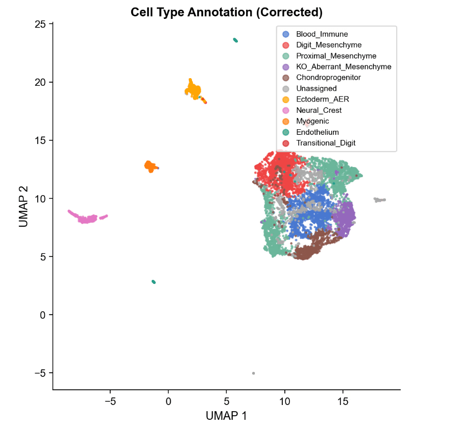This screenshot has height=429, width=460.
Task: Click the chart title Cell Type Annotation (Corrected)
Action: [x=226, y=12]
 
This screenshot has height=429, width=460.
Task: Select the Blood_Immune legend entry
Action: [x=322, y=34]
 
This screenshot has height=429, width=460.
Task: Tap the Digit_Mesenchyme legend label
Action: [x=329, y=45]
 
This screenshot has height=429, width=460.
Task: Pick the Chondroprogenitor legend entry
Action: [x=328, y=78]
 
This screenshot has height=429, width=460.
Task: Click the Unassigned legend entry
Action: [x=317, y=88]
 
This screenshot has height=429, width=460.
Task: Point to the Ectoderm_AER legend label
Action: [x=322, y=100]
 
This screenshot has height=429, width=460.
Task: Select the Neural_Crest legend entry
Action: [x=319, y=110]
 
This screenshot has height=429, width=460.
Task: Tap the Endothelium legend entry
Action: [x=317, y=132]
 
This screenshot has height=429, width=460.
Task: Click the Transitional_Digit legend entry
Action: [x=326, y=143]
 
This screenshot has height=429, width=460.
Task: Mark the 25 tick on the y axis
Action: [x=41, y=24]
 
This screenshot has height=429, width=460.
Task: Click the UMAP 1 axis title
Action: [x=226, y=416]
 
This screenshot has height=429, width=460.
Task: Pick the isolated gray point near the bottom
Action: [x=253, y=373]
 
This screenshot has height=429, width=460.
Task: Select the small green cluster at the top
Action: [x=235, y=40]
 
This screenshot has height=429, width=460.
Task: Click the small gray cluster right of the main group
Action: [x=379, y=200]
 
